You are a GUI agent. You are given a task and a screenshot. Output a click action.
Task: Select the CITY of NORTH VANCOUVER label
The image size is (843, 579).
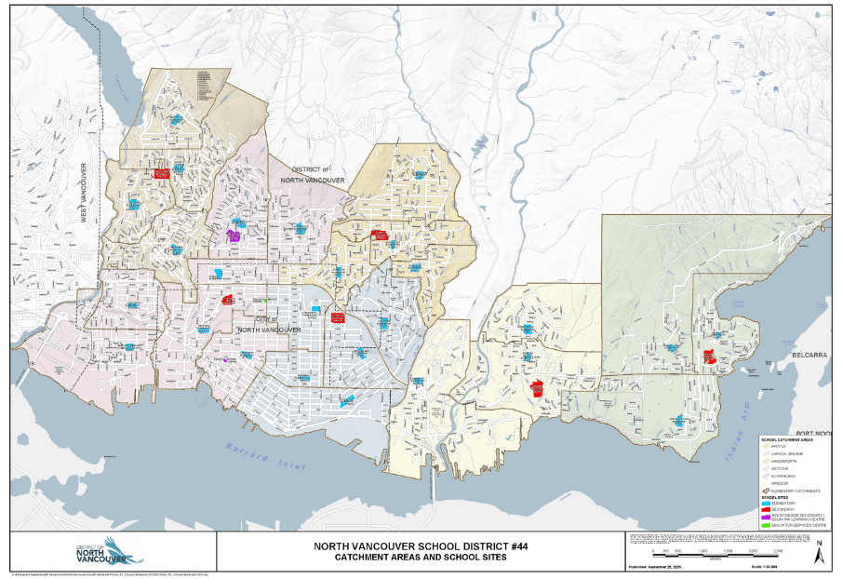pos(268,326)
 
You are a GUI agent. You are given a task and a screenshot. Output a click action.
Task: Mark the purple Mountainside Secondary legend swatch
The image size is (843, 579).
pos(765,518)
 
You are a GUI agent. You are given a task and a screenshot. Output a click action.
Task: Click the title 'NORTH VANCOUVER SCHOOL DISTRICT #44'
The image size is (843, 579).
pos(421,546)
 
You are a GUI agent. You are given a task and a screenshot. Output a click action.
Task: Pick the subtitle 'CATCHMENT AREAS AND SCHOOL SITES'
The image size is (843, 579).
pos(421,559)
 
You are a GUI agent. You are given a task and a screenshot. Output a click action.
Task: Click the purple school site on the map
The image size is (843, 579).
pos(234,236)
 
